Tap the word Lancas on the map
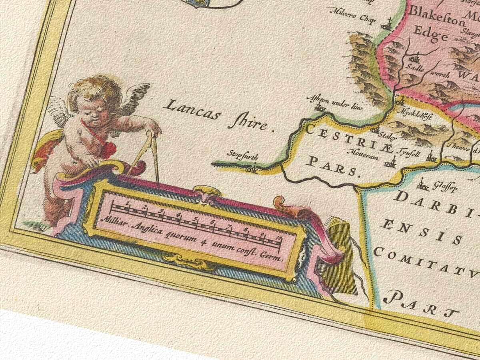pos(192,110)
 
